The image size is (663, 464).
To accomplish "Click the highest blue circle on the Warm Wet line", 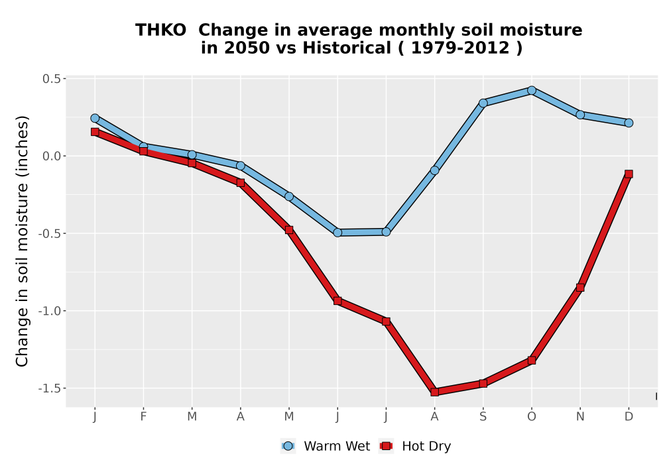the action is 532,90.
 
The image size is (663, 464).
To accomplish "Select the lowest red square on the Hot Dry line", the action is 435,392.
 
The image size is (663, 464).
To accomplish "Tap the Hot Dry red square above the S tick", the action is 483,383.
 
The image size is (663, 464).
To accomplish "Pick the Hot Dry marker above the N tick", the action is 580,288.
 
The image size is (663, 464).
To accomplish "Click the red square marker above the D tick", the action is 629,174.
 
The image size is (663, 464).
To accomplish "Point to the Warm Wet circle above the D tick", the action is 629,123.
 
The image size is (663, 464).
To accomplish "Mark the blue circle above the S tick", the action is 483,103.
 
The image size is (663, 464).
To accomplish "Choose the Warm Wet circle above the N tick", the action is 580,115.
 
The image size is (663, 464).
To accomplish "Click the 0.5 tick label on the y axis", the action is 52,79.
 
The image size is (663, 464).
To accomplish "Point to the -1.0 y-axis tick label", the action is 50,311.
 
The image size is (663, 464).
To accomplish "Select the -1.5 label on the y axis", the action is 50,388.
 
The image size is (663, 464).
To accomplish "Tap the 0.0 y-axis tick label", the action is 52,156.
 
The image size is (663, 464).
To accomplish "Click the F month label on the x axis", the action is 143,417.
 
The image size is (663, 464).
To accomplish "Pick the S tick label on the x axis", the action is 483,417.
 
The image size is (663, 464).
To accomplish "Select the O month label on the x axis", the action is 532,417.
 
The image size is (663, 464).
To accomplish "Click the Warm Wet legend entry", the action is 325,446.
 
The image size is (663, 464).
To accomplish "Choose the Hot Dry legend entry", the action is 415,446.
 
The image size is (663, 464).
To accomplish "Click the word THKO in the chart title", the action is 160,30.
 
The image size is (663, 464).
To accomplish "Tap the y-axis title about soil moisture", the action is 22,241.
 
